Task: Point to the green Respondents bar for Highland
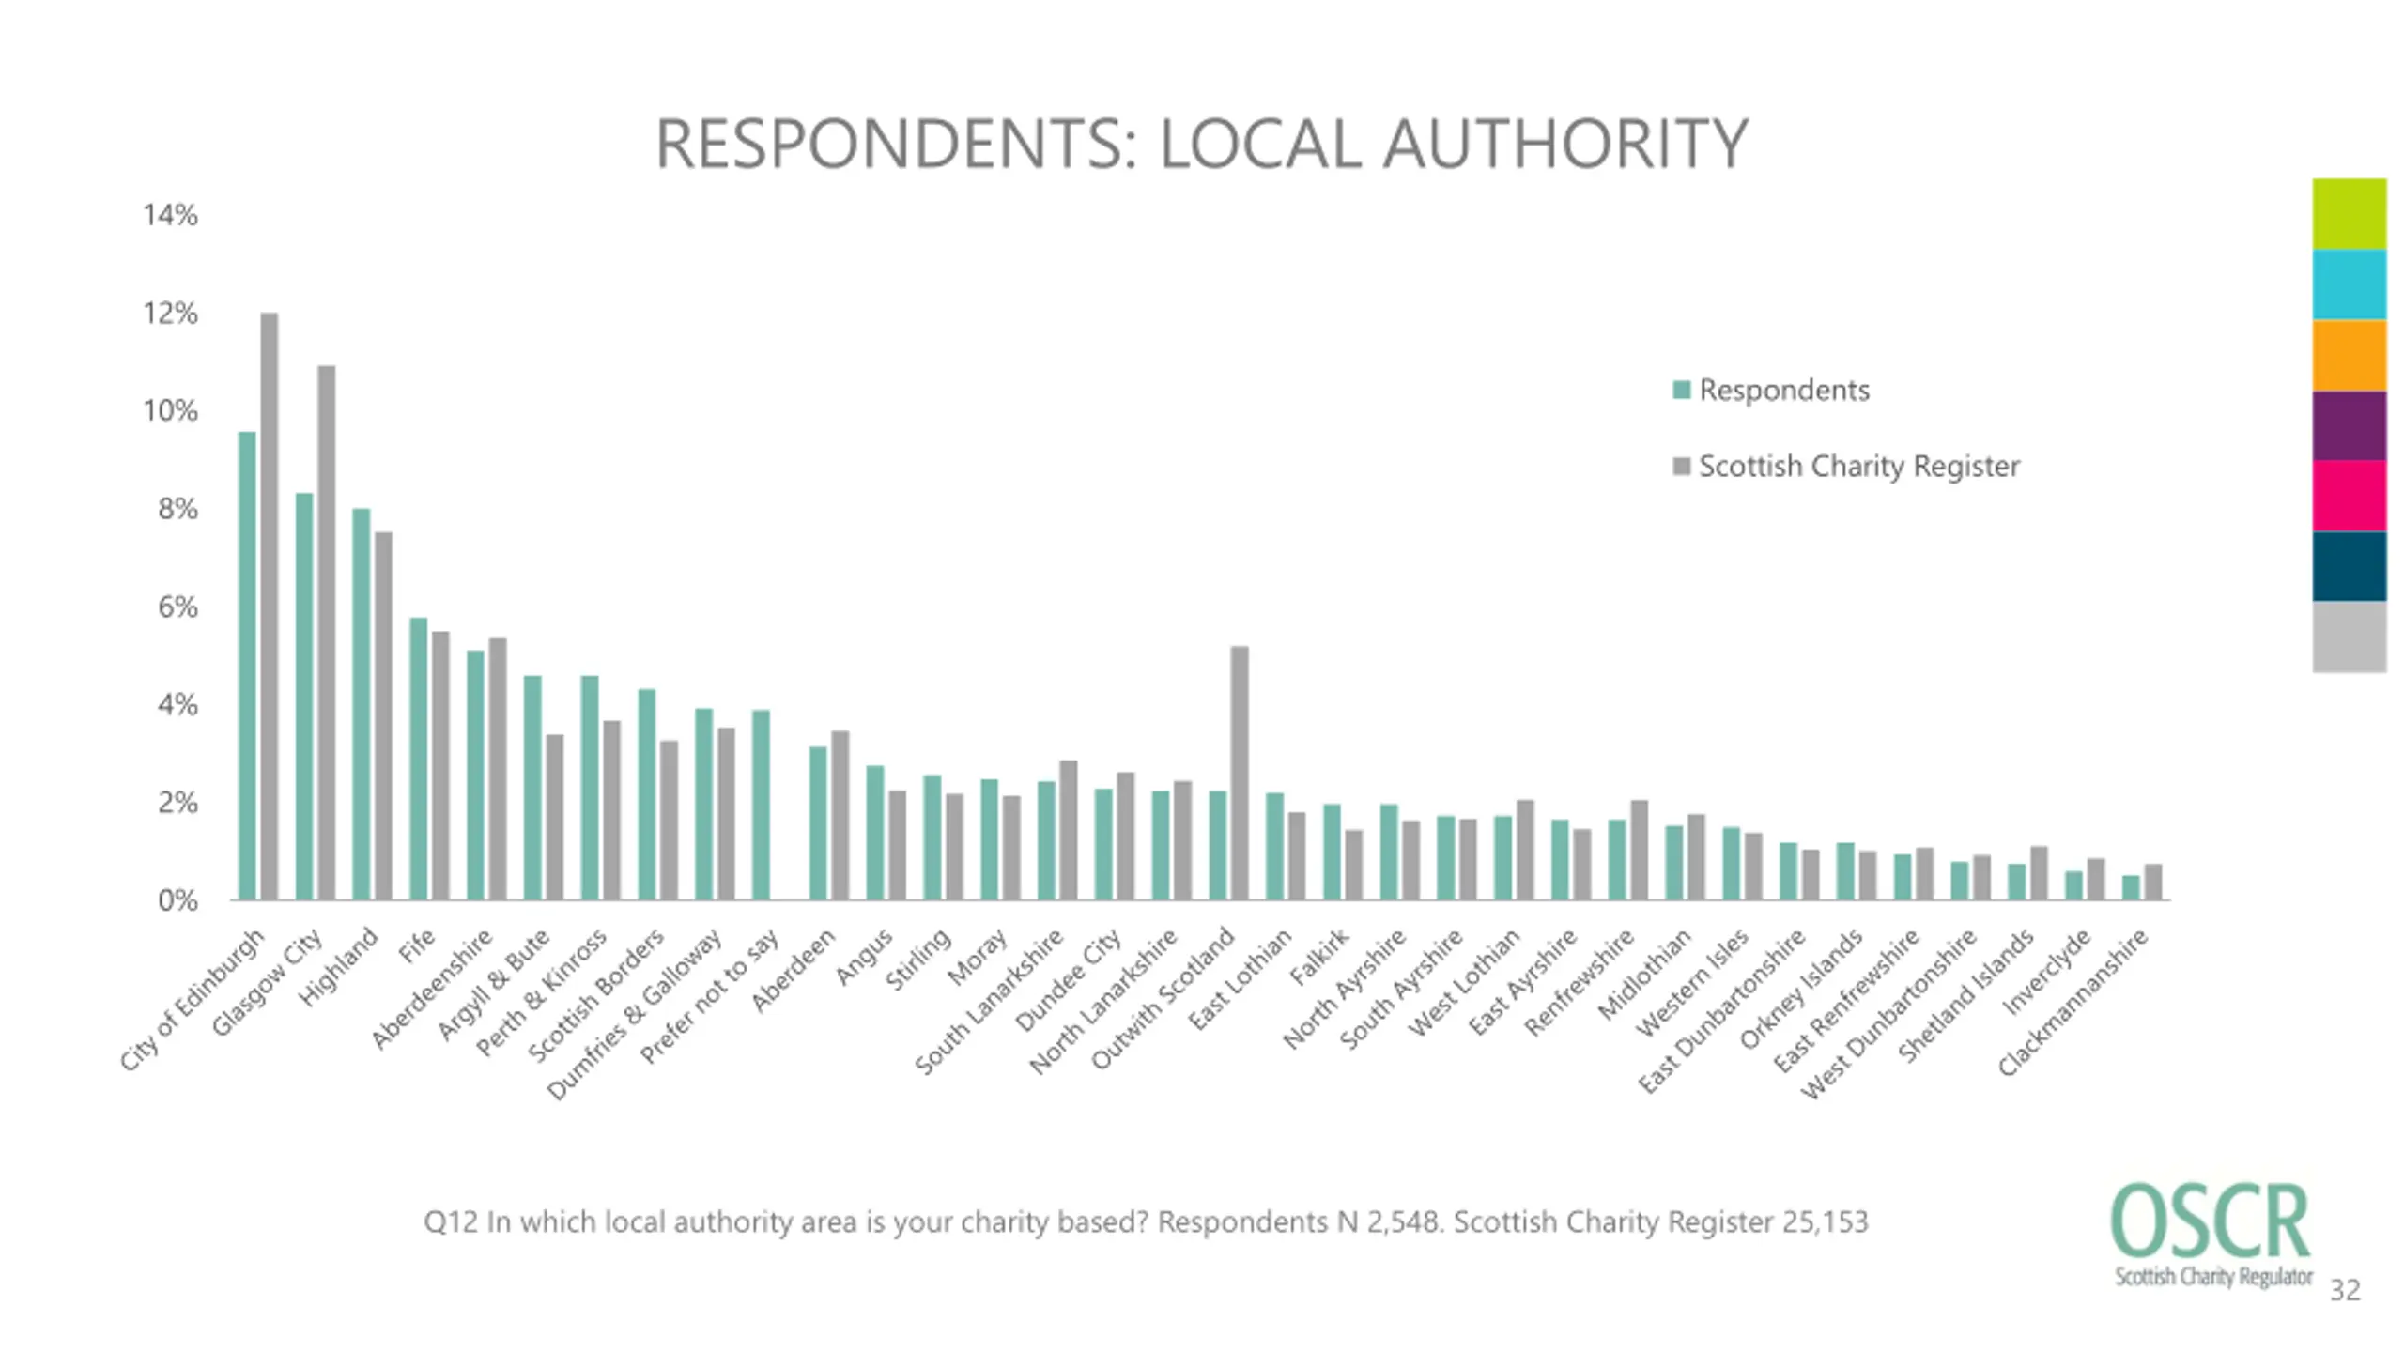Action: pyautogui.click(x=362, y=704)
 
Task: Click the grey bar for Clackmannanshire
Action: pyautogui.click(x=2153, y=882)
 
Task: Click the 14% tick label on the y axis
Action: pyautogui.click(x=170, y=215)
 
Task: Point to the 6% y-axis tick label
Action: pyautogui.click(x=177, y=607)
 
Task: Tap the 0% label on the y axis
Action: pyautogui.click(x=177, y=901)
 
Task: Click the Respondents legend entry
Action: pyautogui.click(x=1782, y=391)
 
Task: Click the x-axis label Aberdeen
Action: pyautogui.click(x=794, y=971)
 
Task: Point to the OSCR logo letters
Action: pyautogui.click(x=2210, y=1221)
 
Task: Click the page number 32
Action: pyautogui.click(x=2345, y=1290)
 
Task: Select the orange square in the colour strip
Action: pyautogui.click(x=2349, y=355)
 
